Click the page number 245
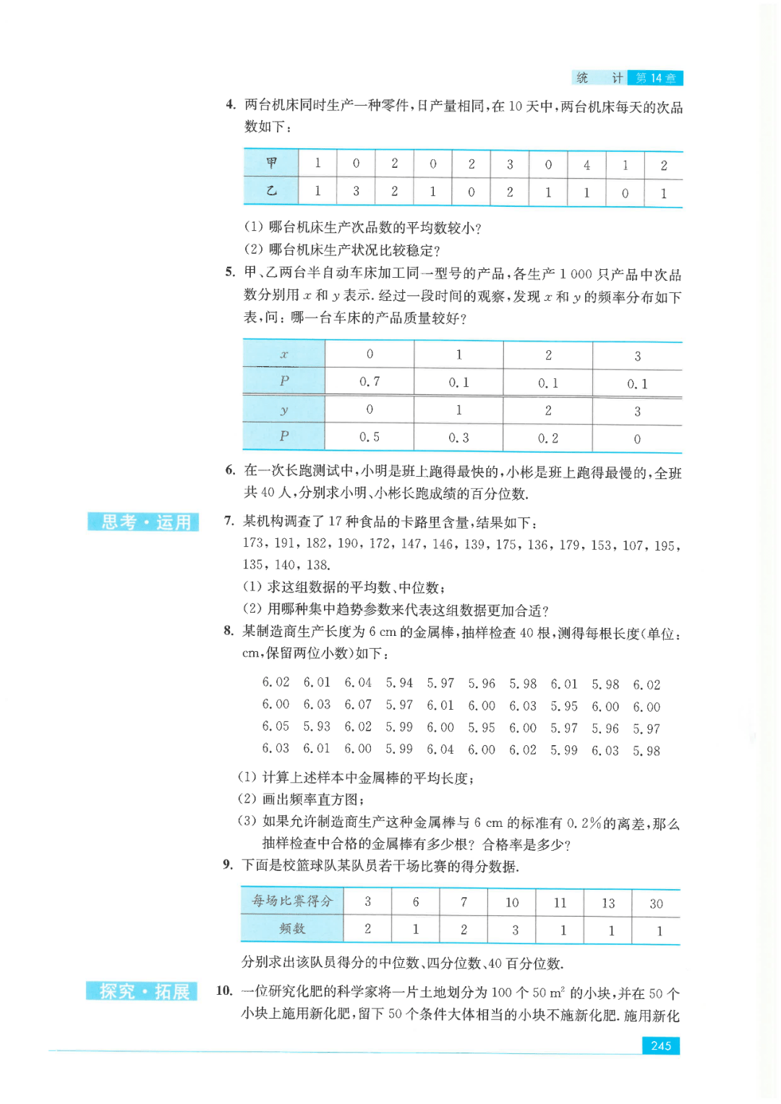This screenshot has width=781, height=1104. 660,1045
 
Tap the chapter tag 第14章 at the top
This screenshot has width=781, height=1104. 655,78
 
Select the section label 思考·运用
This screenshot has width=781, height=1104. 144,522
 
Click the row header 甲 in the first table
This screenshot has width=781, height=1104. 271,164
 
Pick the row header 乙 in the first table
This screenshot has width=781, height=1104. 271,191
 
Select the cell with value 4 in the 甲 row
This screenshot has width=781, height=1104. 586,165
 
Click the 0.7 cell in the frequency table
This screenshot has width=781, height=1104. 370,381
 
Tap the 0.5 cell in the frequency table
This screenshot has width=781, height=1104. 370,437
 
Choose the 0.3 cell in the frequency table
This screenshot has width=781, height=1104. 458,438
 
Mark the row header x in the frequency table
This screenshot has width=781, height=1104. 284,354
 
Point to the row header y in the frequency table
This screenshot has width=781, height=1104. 284,410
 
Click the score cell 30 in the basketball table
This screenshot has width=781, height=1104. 656,904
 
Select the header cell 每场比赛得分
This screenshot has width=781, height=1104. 292,901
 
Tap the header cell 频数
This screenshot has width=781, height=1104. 292,929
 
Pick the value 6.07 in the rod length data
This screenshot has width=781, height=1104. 358,705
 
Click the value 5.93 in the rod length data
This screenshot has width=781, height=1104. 317,726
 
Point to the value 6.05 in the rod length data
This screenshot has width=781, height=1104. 276,726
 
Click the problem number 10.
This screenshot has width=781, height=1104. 224,990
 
